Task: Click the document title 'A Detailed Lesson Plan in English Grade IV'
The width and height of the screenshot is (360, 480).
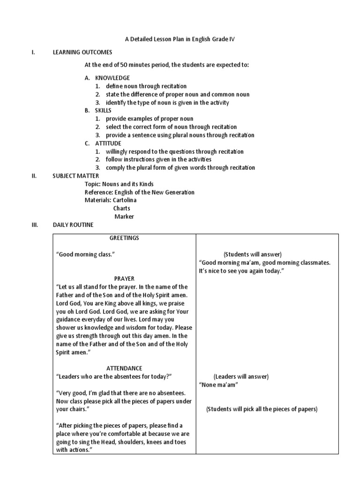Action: point(180,39)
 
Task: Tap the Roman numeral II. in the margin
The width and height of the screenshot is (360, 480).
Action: point(34,176)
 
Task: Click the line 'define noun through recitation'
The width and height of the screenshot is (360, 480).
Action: point(146,86)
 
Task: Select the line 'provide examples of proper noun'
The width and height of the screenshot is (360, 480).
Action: point(150,119)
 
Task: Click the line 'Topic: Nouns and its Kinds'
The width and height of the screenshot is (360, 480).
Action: point(119,184)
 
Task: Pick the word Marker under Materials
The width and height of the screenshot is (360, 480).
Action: point(124,217)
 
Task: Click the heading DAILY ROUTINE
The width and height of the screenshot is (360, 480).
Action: point(73,225)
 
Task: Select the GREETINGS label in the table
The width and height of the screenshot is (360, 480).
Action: point(124,238)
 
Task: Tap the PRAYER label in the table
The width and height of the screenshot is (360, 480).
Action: point(124,279)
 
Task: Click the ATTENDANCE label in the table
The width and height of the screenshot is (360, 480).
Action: point(124,368)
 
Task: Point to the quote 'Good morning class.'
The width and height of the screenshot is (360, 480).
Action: point(86,254)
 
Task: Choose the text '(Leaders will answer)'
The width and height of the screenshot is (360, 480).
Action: point(241,376)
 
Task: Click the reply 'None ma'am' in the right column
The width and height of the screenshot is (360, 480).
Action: point(218,385)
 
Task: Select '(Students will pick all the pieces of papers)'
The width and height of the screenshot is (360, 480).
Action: point(262,409)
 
